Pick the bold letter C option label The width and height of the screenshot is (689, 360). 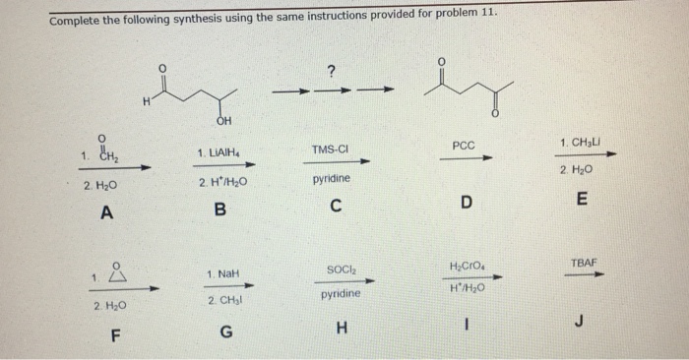coord(337,208)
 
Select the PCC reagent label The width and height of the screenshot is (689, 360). coord(464,144)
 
